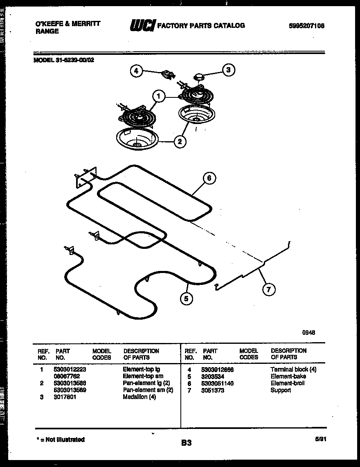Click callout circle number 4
(x=137, y=71)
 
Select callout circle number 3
(x=228, y=70)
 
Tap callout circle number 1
(x=159, y=97)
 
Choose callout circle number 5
(x=186, y=299)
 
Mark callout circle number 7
(x=268, y=290)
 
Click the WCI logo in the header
(x=142, y=26)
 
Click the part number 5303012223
(x=70, y=369)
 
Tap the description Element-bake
(x=288, y=376)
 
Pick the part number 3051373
(x=213, y=390)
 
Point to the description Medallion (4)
(x=139, y=397)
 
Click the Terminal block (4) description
(x=293, y=369)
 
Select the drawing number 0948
(x=309, y=333)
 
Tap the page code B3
(x=186, y=442)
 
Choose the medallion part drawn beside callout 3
(x=200, y=76)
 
